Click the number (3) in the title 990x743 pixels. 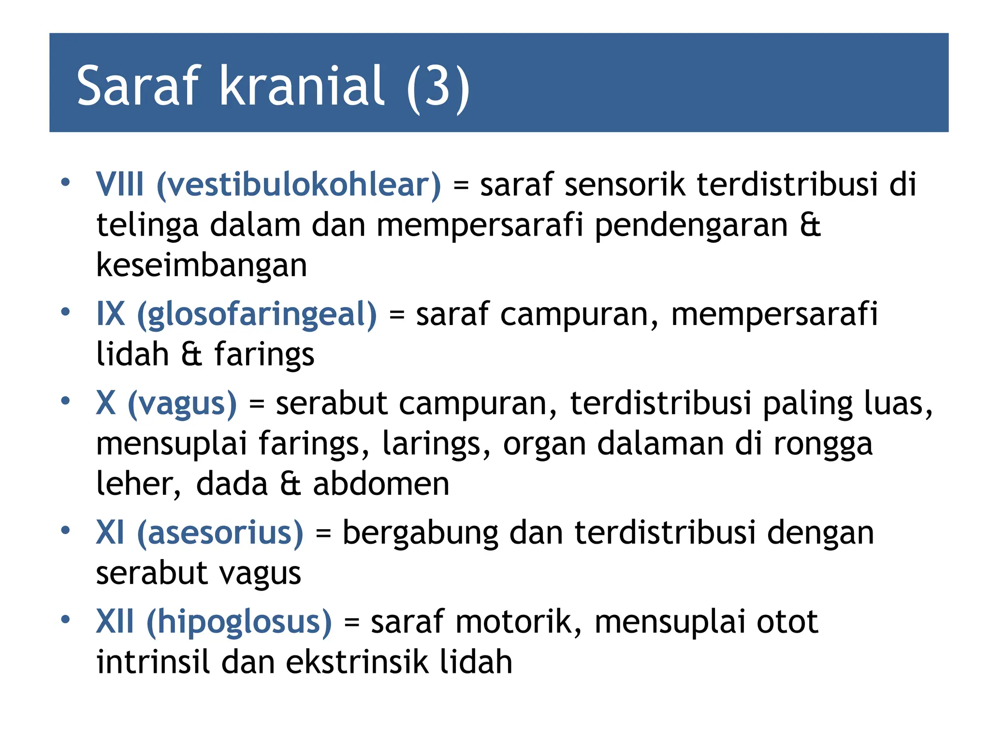[438, 87]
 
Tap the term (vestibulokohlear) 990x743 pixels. [299, 185]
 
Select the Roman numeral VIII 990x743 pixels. [120, 185]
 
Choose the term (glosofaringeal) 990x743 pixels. [257, 314]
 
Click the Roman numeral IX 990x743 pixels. [111, 314]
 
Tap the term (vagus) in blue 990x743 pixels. [182, 403]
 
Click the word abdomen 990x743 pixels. [381, 484]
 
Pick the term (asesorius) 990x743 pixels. [220, 533]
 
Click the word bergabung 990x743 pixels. [420, 533]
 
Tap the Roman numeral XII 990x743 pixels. [115, 622]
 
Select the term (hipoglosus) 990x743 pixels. [239, 622]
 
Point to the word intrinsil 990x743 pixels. [153, 662]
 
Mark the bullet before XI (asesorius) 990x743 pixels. [65, 530]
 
